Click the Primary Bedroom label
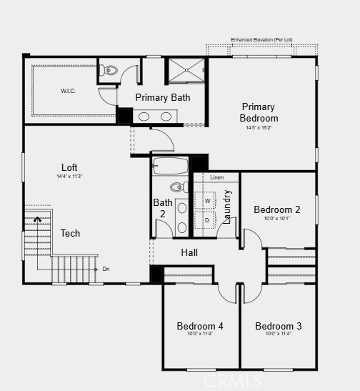click(x=259, y=112)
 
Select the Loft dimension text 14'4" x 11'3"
click(x=69, y=176)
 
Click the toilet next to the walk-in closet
click(x=109, y=70)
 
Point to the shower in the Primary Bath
click(x=186, y=71)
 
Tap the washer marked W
click(x=207, y=201)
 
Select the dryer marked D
click(x=207, y=220)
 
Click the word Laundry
click(x=227, y=207)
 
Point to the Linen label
click(x=216, y=177)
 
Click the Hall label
click(x=189, y=252)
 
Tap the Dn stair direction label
click(x=106, y=269)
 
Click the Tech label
click(x=70, y=233)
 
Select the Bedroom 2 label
click(x=277, y=209)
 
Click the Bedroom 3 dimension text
click(x=279, y=334)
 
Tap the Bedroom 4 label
click(x=200, y=326)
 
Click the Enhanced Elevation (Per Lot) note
click(x=261, y=39)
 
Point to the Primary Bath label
click(x=163, y=97)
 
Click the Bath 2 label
click(x=163, y=208)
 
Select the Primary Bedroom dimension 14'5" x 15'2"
click(x=259, y=127)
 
